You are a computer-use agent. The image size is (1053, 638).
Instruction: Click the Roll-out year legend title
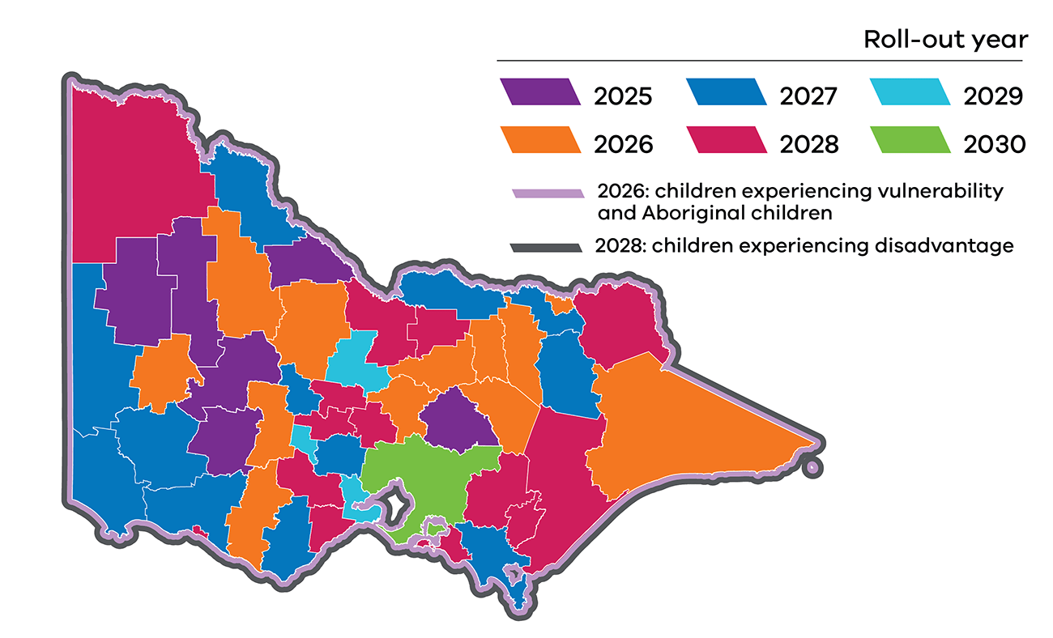pyautogui.click(x=945, y=39)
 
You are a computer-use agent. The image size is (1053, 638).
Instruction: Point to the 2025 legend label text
pyautogui.click(x=623, y=96)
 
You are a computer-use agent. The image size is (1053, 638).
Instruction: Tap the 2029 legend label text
pyautogui.click(x=994, y=96)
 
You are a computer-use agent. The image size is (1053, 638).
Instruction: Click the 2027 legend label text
pyautogui.click(x=808, y=96)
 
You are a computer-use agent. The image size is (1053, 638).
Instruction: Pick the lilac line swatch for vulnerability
pyautogui.click(x=548, y=194)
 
